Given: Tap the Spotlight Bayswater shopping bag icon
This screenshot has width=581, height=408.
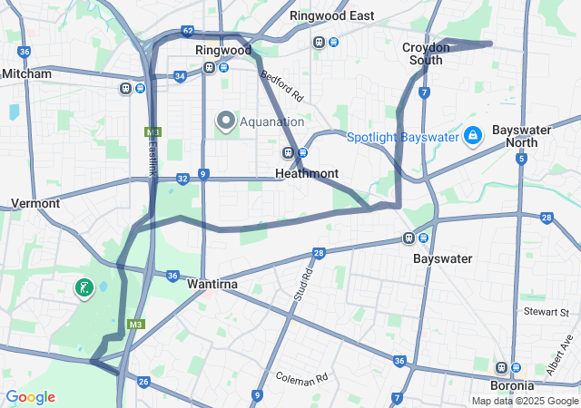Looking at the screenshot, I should [x=472, y=137].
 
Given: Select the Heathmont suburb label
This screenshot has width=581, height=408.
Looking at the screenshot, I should [x=307, y=173].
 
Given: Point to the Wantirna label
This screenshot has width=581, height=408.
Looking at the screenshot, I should [x=212, y=284].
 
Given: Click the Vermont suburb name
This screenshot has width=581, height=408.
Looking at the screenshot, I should [x=35, y=203].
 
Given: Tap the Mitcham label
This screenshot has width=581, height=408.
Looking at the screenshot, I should [x=27, y=73].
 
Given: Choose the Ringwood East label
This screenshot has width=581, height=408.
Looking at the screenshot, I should [x=331, y=16].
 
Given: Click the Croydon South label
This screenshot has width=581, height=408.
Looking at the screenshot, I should [x=426, y=53].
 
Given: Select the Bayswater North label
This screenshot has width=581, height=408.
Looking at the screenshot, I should [x=521, y=136].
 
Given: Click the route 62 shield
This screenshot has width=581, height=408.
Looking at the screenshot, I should [x=187, y=31].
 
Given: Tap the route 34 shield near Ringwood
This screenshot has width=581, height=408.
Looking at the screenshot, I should [x=181, y=76].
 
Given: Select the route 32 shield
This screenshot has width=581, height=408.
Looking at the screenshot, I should [x=182, y=179].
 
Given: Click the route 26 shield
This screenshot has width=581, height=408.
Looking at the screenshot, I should [x=143, y=382].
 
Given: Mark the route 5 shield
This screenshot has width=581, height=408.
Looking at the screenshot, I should [x=521, y=160].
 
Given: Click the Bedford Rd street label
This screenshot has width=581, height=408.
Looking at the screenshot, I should [x=280, y=86].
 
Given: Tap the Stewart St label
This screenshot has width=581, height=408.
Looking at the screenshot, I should [x=551, y=312].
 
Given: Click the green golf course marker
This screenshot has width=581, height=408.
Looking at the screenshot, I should [x=84, y=288].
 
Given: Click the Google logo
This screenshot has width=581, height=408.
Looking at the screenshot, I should [x=30, y=397].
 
